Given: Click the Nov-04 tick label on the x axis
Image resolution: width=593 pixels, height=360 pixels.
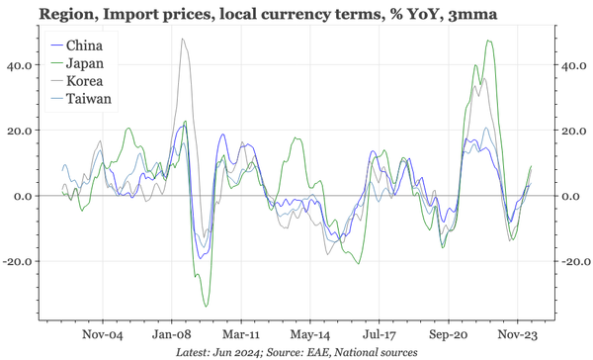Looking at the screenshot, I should point(102,335).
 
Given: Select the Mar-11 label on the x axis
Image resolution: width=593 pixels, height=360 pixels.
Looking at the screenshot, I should point(242,335).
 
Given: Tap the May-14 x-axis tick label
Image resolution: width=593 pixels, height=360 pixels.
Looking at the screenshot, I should point(311,335).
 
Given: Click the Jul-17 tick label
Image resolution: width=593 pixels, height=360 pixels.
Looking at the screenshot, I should point(381,335).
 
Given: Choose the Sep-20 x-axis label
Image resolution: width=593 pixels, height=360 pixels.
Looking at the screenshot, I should point(450,335).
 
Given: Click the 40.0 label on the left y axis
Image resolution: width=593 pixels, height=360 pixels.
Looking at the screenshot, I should point(19,65).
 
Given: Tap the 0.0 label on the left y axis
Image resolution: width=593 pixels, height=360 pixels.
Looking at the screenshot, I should point(22,197).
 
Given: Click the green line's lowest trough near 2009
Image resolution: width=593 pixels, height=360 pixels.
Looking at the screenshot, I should point(206,306).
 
